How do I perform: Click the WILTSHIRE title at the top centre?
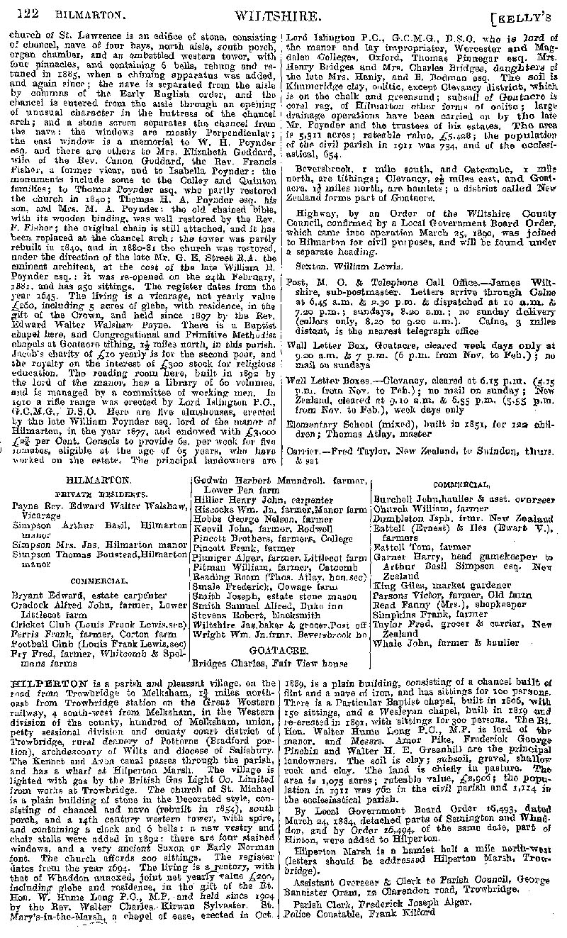[286, 13]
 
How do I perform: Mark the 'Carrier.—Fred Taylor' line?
[354, 451]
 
